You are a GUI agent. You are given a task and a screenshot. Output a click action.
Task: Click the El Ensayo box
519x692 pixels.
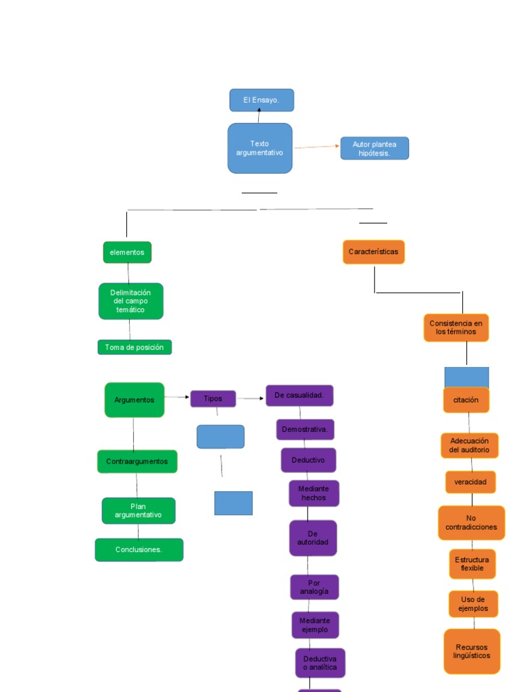pyautogui.click(x=262, y=100)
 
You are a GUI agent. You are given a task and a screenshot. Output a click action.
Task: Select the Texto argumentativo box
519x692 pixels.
pyautogui.click(x=259, y=148)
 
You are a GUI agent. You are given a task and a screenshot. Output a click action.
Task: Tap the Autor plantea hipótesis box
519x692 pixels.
pyautogui.click(x=374, y=149)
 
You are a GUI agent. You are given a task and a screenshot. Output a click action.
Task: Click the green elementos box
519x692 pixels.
pyautogui.click(x=127, y=252)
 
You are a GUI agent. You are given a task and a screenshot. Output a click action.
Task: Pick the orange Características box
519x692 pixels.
pyautogui.click(x=374, y=252)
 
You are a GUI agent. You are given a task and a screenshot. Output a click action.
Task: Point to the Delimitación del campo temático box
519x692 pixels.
pyautogui.click(x=130, y=301)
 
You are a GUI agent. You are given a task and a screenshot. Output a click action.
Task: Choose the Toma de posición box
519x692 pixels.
pyautogui.click(x=134, y=347)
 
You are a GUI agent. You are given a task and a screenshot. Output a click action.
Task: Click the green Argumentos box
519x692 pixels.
pyautogui.click(x=134, y=400)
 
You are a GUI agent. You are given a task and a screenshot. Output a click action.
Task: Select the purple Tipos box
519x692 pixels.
pyautogui.click(x=213, y=399)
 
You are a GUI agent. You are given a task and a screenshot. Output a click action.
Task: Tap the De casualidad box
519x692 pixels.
pyautogui.click(x=299, y=395)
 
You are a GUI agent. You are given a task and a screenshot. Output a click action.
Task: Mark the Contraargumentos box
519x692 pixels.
pyautogui.click(x=137, y=462)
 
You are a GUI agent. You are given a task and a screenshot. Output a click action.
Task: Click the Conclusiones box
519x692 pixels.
pyautogui.click(x=139, y=549)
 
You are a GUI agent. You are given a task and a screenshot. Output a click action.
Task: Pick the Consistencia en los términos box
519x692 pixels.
pyautogui.click(x=456, y=328)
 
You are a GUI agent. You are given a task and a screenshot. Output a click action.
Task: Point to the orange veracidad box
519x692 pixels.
pyautogui.click(x=470, y=482)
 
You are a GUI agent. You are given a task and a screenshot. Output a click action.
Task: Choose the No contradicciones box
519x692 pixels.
pyautogui.click(x=471, y=523)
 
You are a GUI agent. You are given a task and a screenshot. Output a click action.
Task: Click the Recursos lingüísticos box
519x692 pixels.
pyautogui.click(x=472, y=651)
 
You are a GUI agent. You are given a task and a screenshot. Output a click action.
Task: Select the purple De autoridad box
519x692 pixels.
pyautogui.click(x=313, y=538)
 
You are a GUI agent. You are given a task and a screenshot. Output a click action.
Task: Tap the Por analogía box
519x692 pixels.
pyautogui.click(x=314, y=587)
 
